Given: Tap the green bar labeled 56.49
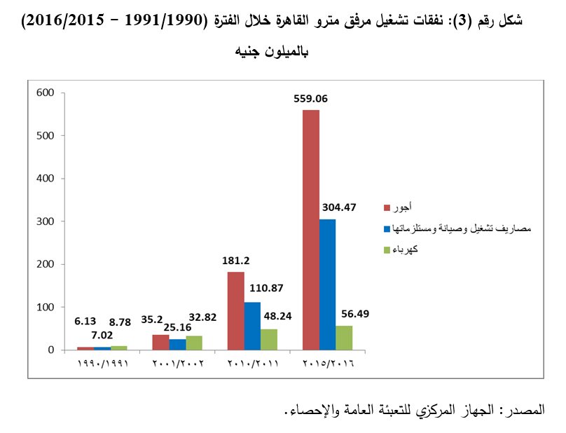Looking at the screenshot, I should [344, 338].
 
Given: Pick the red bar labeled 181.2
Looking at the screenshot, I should [236, 310].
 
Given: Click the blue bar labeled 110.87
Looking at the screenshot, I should [252, 326].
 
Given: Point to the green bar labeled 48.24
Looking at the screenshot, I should [269, 339].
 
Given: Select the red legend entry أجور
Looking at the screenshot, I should [401, 207].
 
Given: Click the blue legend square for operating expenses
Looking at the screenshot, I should [387, 229].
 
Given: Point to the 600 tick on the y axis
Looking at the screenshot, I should [44, 92].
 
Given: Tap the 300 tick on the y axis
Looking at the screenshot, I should [44, 221].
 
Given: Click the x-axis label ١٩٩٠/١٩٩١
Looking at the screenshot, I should [102, 365].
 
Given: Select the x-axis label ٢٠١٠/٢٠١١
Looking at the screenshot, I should [253, 365].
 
